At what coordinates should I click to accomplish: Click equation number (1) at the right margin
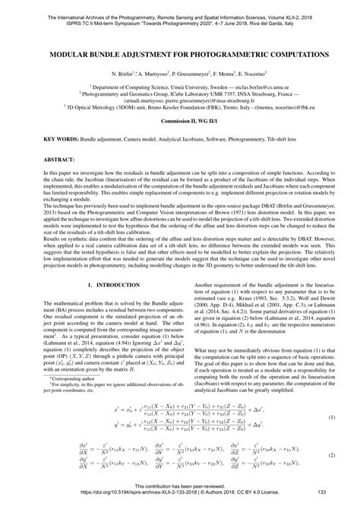pyautogui.click(x=331, y=416)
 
